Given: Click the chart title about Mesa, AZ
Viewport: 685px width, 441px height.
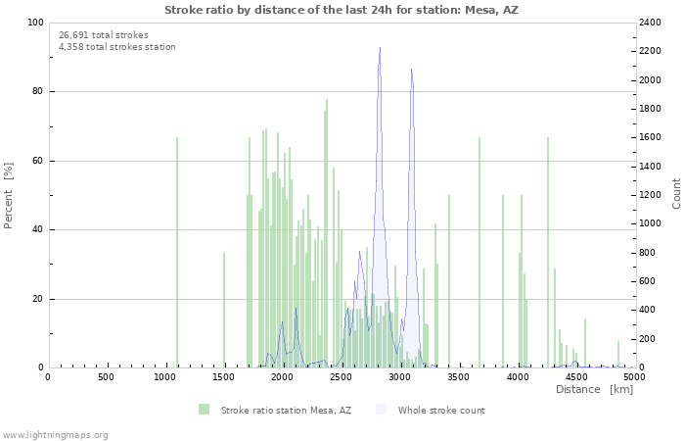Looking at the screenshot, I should point(341,10).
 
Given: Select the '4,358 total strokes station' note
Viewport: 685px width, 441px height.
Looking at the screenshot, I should point(117,47).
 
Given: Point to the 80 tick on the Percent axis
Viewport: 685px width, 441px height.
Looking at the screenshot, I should point(37,92).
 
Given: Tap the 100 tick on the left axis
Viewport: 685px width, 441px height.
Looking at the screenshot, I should point(34,23).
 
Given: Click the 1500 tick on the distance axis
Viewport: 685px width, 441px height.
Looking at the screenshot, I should point(223,377).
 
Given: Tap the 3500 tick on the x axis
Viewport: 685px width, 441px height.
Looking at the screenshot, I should point(458,377).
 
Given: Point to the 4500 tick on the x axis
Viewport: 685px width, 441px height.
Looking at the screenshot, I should point(575,377).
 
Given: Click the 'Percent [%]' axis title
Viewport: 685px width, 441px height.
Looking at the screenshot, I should point(9,195).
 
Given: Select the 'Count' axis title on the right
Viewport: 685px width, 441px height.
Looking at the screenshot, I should point(676,195).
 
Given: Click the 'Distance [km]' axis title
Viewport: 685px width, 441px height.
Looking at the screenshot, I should point(594,390).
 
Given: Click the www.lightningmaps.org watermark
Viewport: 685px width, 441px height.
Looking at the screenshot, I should point(55,435).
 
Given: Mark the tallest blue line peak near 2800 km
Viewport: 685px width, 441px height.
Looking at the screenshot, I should point(380,48).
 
